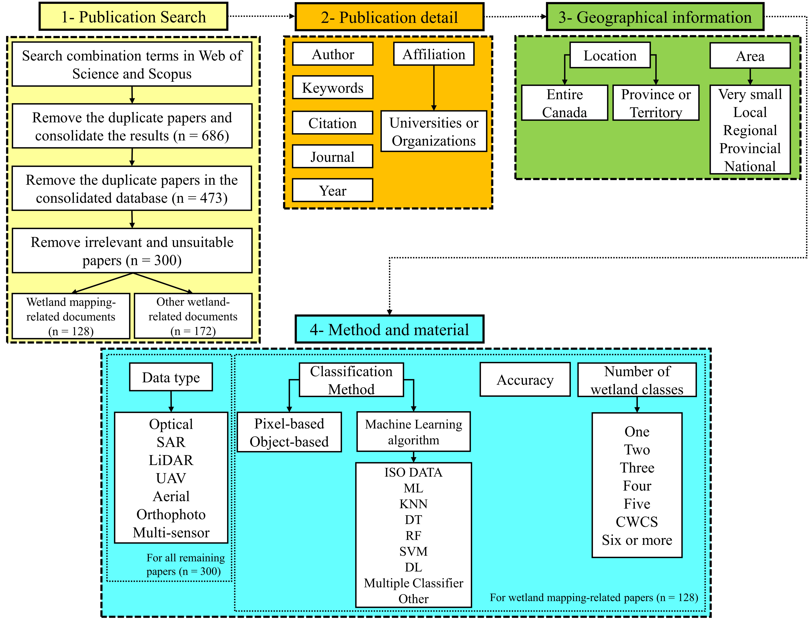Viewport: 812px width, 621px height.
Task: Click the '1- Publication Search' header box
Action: (133, 17)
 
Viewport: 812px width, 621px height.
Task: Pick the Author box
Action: (333, 54)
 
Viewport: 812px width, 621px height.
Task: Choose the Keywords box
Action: (333, 88)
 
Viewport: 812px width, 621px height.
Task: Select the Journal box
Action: (333, 157)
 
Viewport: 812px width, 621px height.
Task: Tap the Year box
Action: (333, 190)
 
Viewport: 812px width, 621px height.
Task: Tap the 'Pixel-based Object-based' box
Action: (289, 432)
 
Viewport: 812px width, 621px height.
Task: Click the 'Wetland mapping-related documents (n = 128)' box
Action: (71, 316)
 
